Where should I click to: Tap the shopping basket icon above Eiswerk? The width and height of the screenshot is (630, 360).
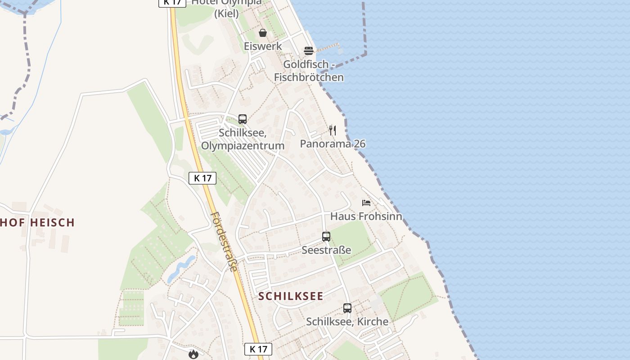263,33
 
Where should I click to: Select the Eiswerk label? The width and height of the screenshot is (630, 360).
263,46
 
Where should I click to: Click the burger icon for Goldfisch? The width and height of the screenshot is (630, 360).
308,50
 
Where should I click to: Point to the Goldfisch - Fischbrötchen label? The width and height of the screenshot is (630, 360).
309,71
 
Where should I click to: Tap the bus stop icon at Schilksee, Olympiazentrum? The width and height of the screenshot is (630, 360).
243,119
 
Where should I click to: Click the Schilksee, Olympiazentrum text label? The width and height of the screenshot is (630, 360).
243,139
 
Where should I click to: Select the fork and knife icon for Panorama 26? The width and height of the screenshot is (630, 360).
333,130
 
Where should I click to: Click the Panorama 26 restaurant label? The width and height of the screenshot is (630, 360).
333,144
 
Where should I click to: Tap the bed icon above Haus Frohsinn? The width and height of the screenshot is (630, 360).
366,203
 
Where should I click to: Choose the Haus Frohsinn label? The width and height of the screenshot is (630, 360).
366,216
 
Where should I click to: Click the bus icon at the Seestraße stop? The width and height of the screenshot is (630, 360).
326,237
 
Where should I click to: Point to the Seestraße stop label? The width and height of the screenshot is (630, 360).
326,250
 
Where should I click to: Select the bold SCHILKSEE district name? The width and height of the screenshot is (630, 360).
291,296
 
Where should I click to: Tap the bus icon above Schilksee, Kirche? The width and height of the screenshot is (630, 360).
347,308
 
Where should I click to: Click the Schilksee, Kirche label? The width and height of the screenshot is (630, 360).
347,322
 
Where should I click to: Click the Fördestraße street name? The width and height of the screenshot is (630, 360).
224,242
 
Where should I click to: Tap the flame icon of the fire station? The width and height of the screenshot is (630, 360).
193,354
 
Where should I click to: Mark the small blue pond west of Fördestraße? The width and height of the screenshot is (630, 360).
181,269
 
